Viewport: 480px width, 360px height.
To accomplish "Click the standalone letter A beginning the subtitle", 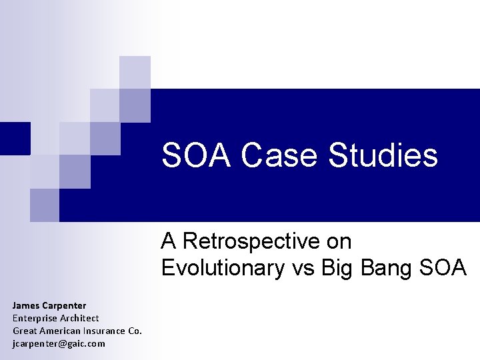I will click(x=169, y=241).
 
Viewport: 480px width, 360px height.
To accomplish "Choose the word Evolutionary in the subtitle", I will click(x=221, y=267).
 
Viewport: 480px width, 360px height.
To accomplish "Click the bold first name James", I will click(x=26, y=305).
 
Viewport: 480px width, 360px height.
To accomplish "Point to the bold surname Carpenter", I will click(x=64, y=305).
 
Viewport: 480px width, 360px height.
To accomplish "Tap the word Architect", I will click(x=79, y=318).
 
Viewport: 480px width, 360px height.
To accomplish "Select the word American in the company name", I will click(x=61, y=331).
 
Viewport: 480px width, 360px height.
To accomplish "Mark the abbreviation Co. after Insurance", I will click(x=135, y=331).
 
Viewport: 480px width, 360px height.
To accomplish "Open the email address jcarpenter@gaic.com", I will click(x=59, y=343).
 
